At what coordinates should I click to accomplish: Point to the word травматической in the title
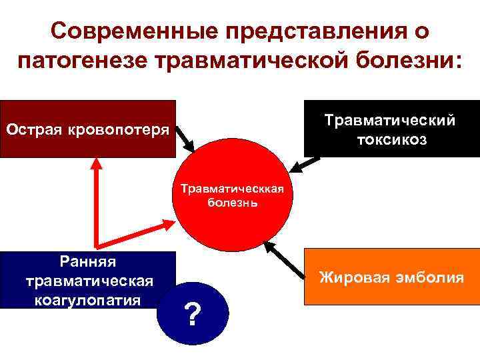(249, 63)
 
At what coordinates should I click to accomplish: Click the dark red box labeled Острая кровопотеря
(88, 128)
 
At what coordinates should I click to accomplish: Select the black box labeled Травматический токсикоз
(391, 129)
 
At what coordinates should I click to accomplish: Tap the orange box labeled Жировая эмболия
(391, 277)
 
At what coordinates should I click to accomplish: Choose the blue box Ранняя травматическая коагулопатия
(88, 279)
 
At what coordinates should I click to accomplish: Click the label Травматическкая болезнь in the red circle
(233, 195)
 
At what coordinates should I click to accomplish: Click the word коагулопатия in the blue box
(87, 299)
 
